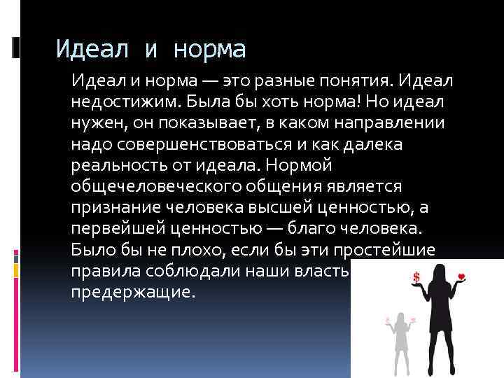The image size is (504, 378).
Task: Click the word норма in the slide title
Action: coord(210,50)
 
